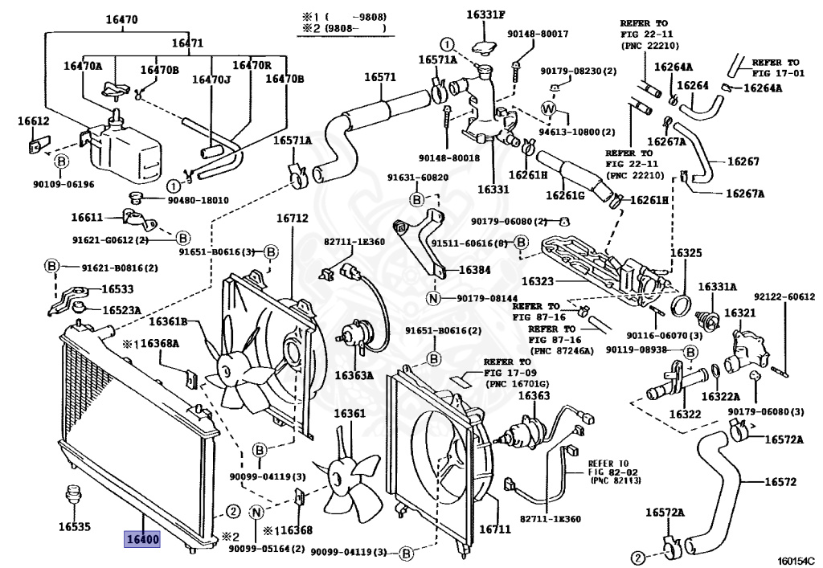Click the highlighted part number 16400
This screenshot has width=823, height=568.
(141, 538)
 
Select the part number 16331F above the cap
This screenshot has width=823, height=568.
(489, 14)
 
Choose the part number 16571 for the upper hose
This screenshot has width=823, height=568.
(380, 77)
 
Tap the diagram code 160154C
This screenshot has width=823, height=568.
(795, 560)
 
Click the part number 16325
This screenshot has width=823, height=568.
(686, 252)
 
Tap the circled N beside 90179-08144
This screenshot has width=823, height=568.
(432, 299)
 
